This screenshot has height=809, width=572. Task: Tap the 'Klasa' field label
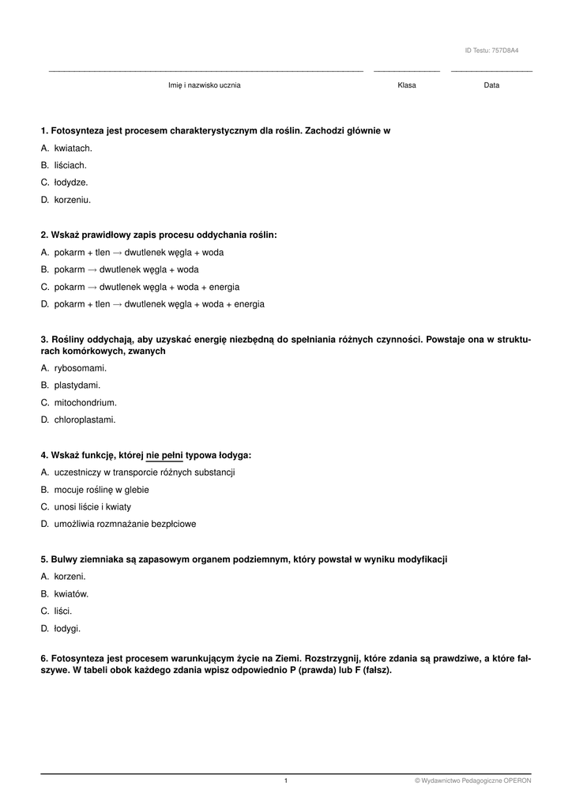(407, 85)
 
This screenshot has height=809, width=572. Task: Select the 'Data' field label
(491, 85)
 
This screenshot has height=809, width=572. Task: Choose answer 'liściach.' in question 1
(70, 165)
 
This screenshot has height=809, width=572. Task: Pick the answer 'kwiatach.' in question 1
(73, 148)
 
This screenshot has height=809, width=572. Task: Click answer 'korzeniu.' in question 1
(73, 200)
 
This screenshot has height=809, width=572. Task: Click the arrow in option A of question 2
(118, 253)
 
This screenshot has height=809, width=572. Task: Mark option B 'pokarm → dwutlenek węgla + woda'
(126, 269)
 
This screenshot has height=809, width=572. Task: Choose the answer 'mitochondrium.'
(80, 403)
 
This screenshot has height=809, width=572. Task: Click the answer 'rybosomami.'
(80, 368)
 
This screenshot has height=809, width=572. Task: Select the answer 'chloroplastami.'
(85, 420)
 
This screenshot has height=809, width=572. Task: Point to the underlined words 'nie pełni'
(164, 455)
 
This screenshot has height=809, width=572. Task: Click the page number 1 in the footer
(286, 781)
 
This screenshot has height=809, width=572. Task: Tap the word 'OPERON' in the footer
(518, 781)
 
